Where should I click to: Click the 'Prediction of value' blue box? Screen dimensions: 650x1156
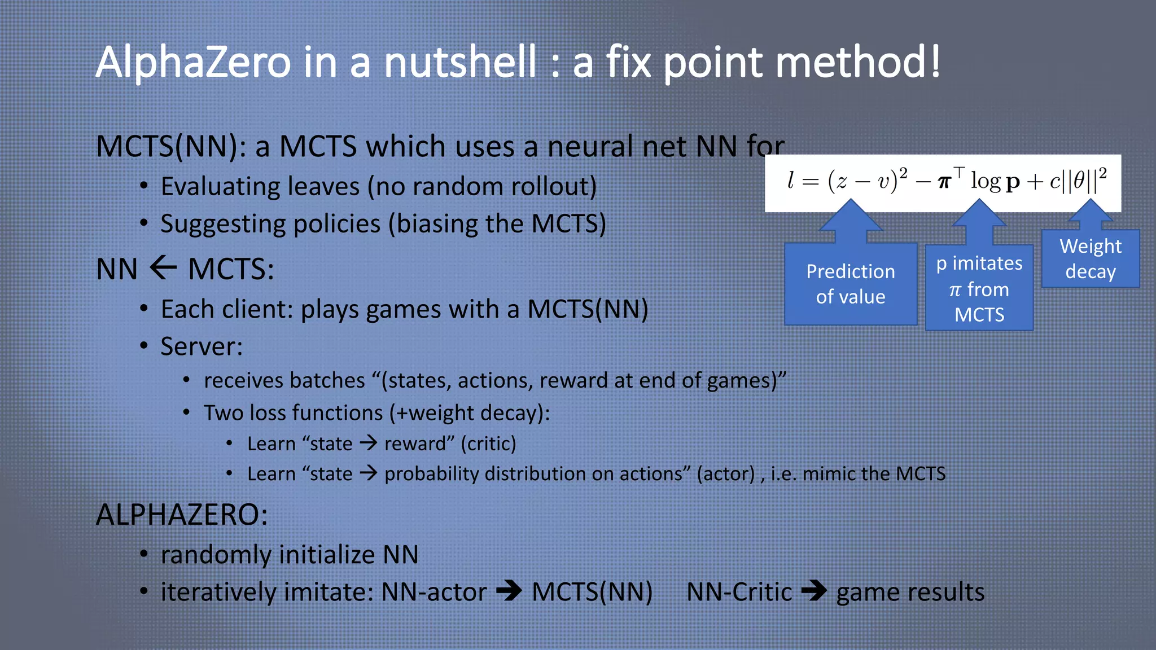coord(850,284)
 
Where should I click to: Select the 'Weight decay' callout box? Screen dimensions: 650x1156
coord(1090,259)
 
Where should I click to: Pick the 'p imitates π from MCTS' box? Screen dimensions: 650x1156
coord(979,288)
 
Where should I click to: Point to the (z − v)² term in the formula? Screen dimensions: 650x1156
coord(867,181)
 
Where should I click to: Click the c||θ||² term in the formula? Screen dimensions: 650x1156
coord(1078,181)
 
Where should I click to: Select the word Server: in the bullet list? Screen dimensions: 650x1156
coord(202,346)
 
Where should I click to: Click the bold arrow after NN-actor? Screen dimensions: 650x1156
coord(509,592)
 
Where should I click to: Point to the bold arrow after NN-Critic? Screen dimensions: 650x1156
coord(814,592)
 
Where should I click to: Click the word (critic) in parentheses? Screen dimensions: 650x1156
coord(488,444)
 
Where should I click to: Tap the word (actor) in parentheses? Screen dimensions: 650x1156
coord(725,474)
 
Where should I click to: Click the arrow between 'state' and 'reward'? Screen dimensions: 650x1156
coord(369,443)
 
